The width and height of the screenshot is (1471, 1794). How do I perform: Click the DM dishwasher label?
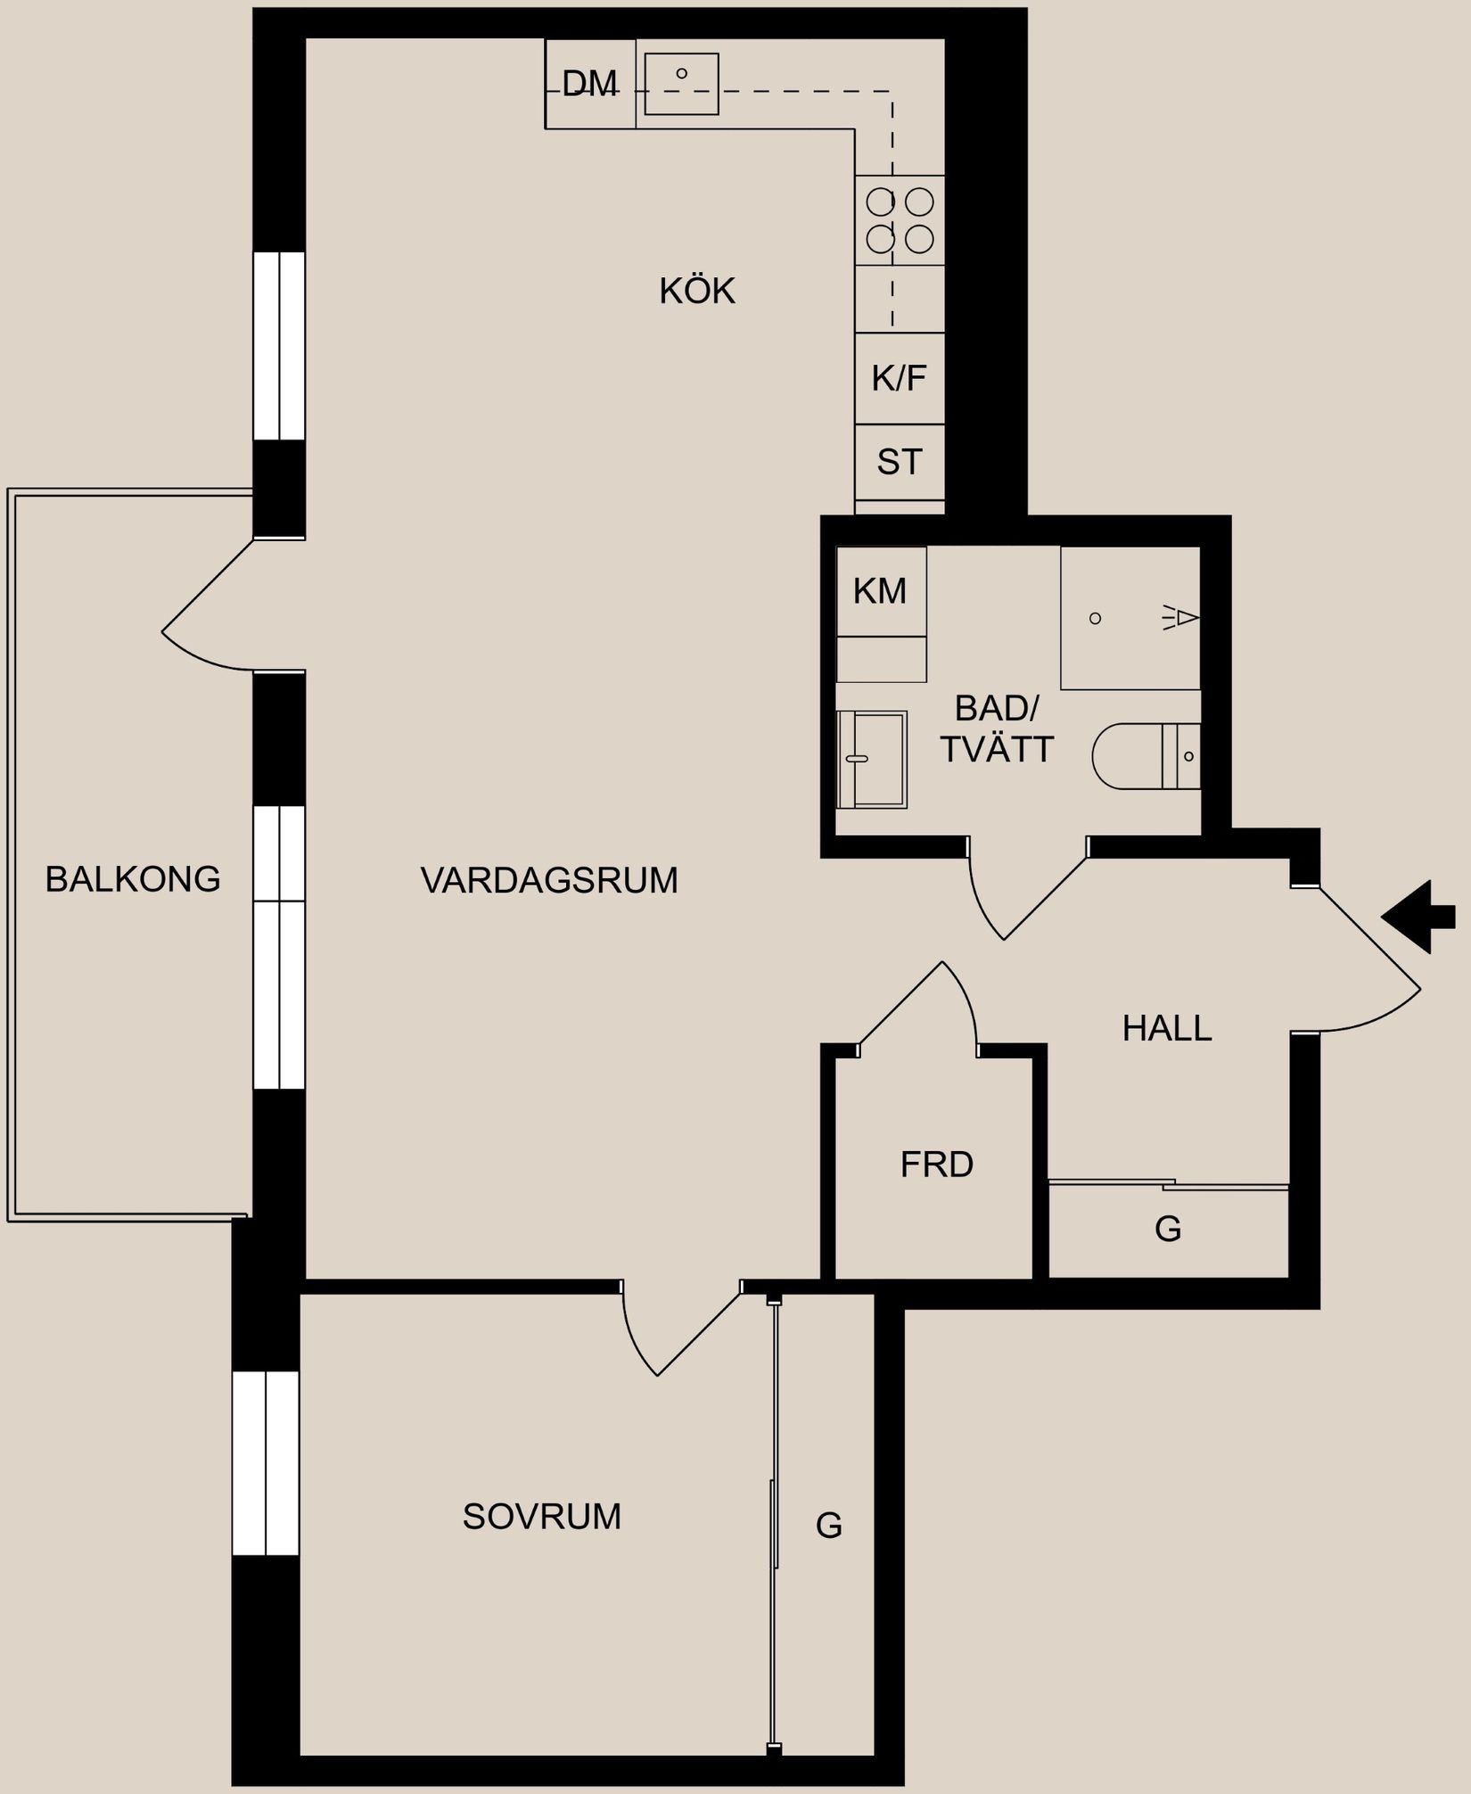(589, 84)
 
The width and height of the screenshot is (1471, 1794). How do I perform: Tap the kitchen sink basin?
(681, 84)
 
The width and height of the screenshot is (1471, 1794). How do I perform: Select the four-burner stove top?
(900, 220)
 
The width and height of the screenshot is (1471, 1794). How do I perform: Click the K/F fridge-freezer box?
(899, 378)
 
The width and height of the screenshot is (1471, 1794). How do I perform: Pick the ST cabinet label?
(899, 462)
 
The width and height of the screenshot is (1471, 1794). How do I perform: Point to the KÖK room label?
(697, 292)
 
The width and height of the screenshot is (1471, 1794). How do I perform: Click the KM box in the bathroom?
(880, 591)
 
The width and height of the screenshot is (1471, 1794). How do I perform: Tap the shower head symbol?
(1182, 617)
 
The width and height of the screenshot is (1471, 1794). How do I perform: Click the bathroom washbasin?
(871, 759)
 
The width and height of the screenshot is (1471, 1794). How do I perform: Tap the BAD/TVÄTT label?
(996, 729)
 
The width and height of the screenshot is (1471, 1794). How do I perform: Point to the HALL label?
(1166, 1029)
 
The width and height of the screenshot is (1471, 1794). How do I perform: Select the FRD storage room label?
(936, 1164)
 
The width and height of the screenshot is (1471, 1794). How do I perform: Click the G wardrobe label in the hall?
(1167, 1229)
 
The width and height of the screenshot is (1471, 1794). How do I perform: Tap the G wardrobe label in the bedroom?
(828, 1526)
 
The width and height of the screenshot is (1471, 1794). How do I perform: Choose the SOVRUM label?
(541, 1517)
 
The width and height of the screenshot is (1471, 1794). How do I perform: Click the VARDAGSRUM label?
(548, 881)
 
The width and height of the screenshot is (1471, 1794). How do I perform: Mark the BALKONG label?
(133, 879)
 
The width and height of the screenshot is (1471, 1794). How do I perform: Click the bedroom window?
(266, 1463)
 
